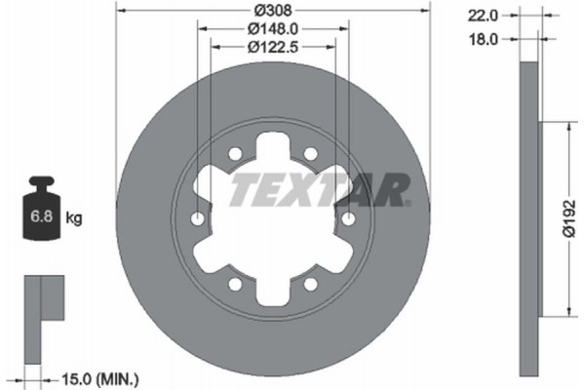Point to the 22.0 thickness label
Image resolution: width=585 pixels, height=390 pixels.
click(485, 15)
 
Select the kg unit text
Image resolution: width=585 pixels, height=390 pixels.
click(74, 218)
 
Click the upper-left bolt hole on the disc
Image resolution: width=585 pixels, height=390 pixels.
click(234, 154)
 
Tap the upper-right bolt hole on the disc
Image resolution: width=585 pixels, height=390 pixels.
click(310, 154)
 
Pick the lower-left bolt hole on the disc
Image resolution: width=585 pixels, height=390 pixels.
click(234, 285)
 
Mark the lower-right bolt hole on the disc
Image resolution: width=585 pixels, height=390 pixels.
click(310, 285)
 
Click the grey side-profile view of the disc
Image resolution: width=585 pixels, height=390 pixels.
click(526, 219)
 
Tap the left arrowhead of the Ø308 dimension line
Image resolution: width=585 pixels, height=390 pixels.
click(121, 10)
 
